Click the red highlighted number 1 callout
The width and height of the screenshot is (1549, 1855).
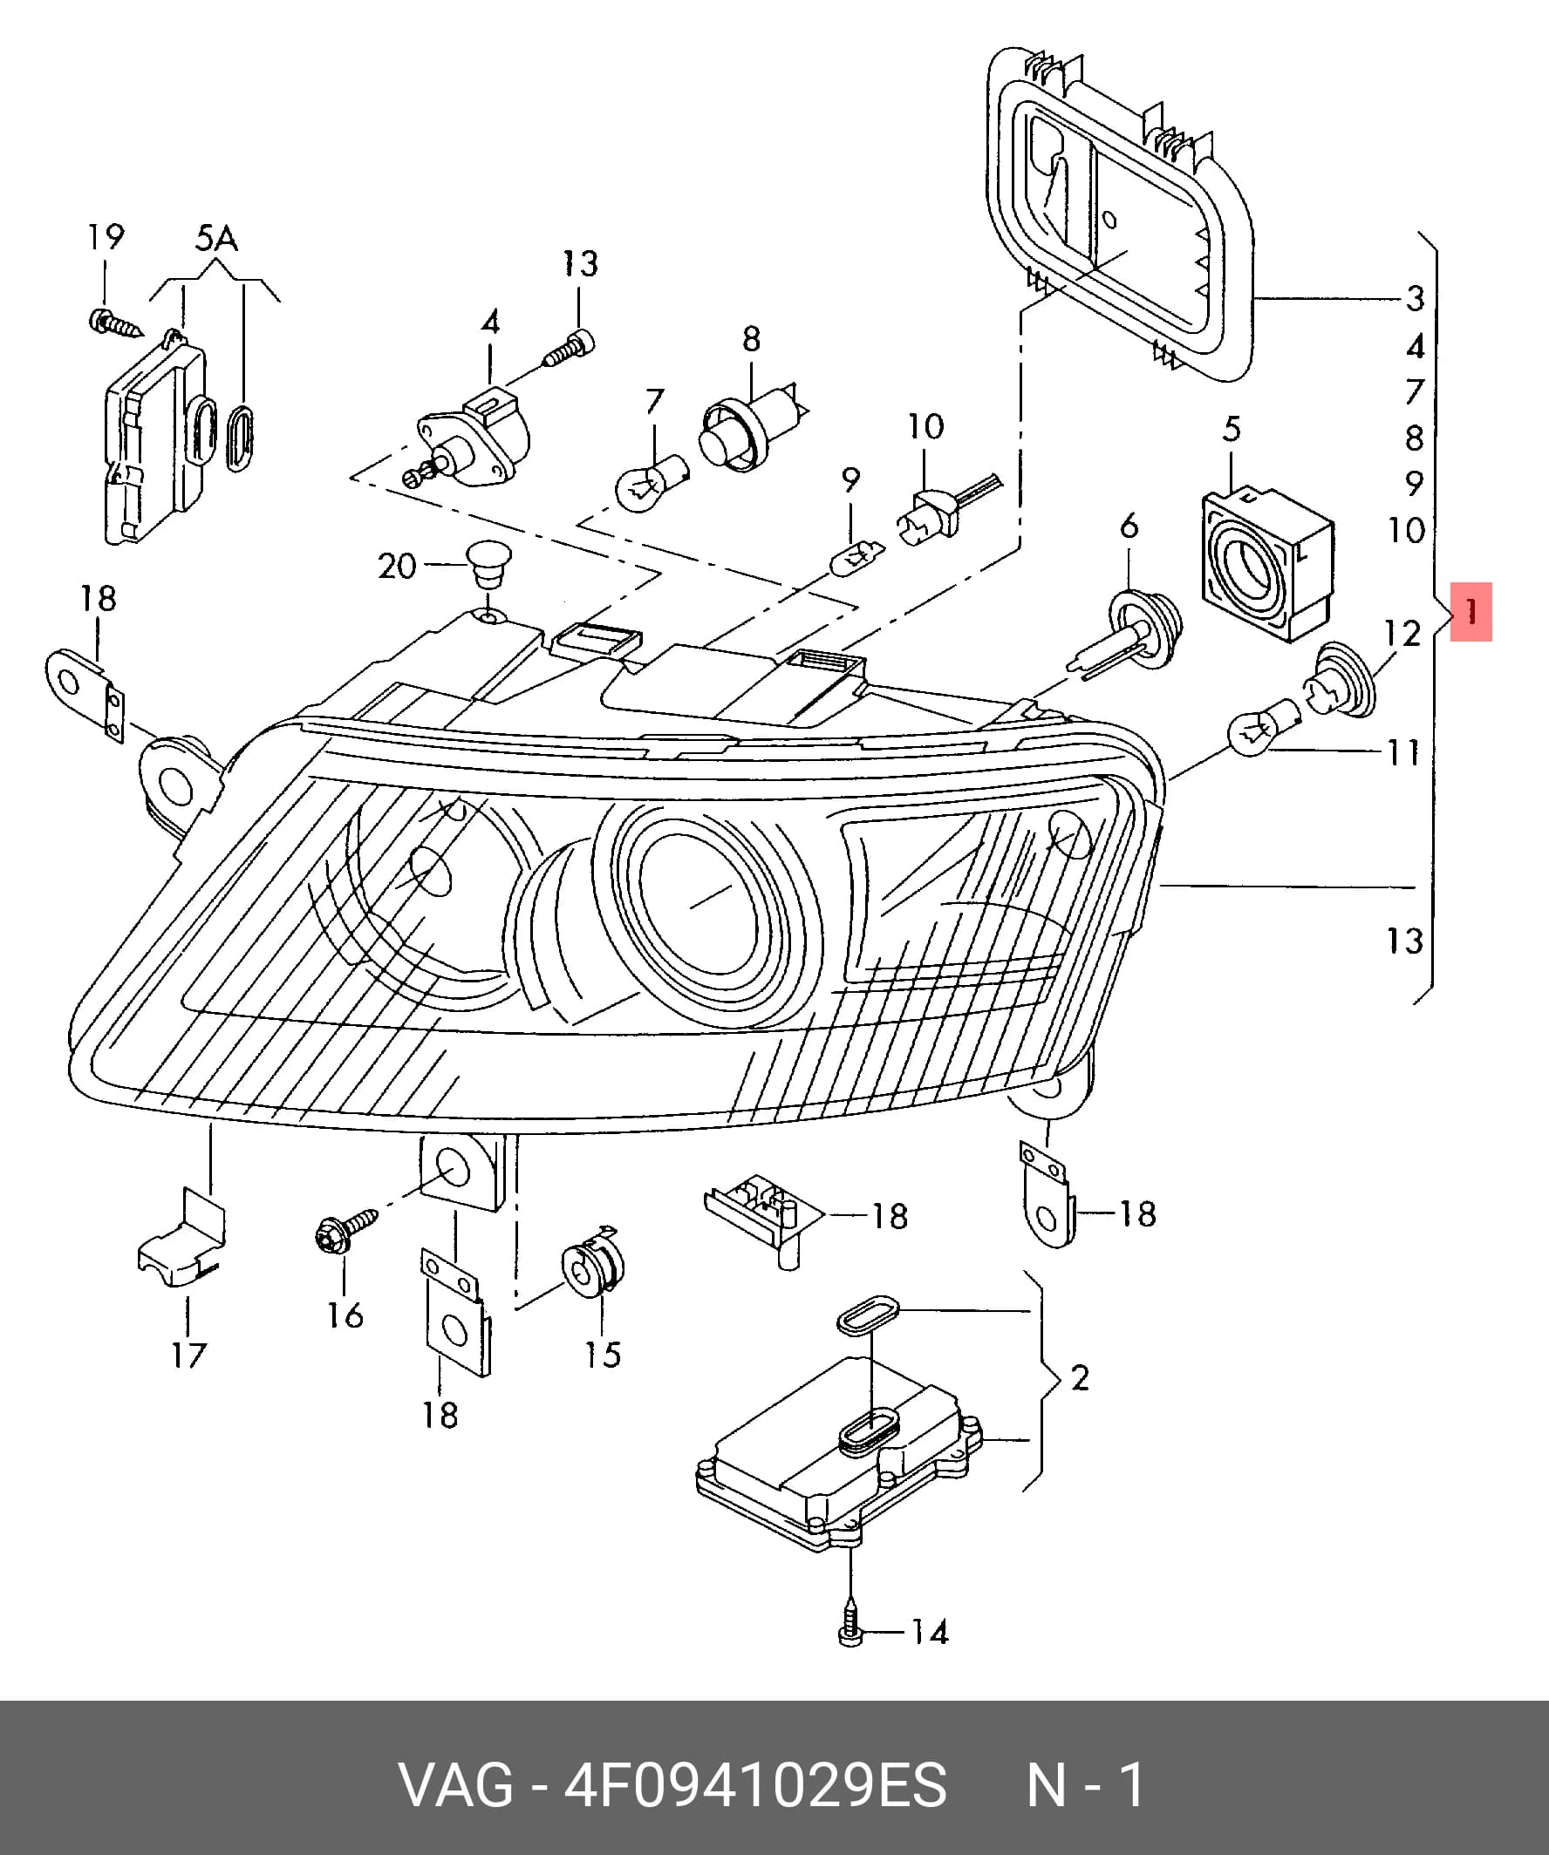coord(1471,611)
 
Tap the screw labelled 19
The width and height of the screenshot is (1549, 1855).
coord(116,323)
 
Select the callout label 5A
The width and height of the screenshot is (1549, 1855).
coord(215,239)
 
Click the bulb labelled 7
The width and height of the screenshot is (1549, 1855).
coord(652,482)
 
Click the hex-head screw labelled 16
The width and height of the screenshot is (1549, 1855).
coord(344,1229)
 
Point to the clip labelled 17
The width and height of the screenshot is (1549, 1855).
coord(182,1239)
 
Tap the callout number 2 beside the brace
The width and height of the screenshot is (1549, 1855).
coord(1079,1377)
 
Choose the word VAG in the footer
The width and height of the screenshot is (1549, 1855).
coord(457,1784)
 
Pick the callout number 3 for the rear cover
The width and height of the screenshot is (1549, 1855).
coord(1415,299)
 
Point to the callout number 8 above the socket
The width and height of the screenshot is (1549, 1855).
coord(751,338)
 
